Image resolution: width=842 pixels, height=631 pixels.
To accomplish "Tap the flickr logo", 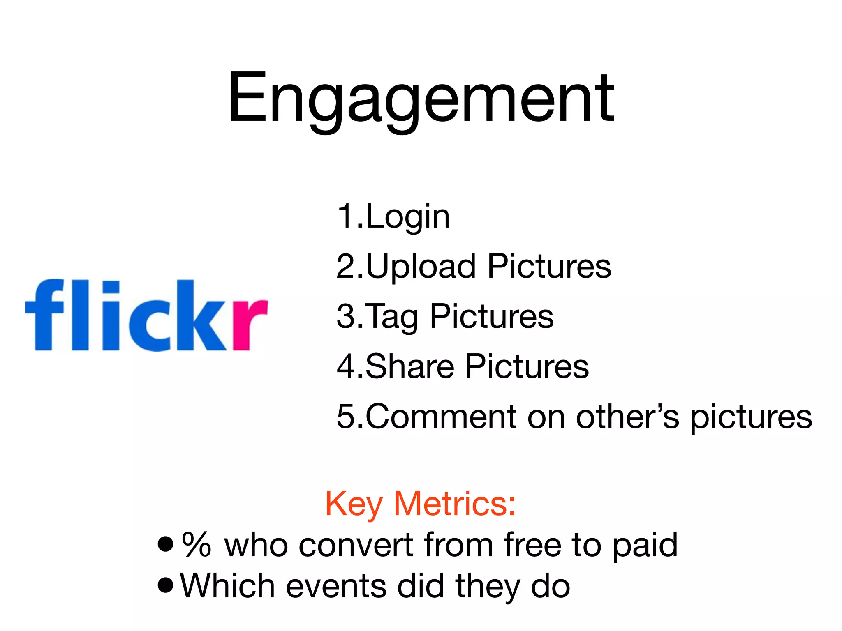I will [x=146, y=315].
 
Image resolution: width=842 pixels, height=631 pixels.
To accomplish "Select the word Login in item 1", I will [x=408, y=216].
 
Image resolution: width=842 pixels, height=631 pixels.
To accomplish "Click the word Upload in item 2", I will [x=421, y=266].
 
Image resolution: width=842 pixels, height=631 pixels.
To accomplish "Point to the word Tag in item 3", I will [x=391, y=317].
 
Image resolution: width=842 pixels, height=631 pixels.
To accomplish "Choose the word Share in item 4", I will [x=409, y=366].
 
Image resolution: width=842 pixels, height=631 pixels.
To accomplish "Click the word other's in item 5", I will [x=627, y=417].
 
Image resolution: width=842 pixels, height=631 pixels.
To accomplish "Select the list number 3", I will [x=345, y=316].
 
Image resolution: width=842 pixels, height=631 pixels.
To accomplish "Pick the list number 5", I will [x=345, y=417].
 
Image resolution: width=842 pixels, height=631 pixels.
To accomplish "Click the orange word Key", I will [x=354, y=504].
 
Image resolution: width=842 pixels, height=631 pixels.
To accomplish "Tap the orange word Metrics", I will [x=454, y=504].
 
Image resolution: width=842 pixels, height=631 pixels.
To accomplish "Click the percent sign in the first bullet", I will [x=197, y=544].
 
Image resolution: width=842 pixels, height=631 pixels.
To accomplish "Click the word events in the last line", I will [x=336, y=586].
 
